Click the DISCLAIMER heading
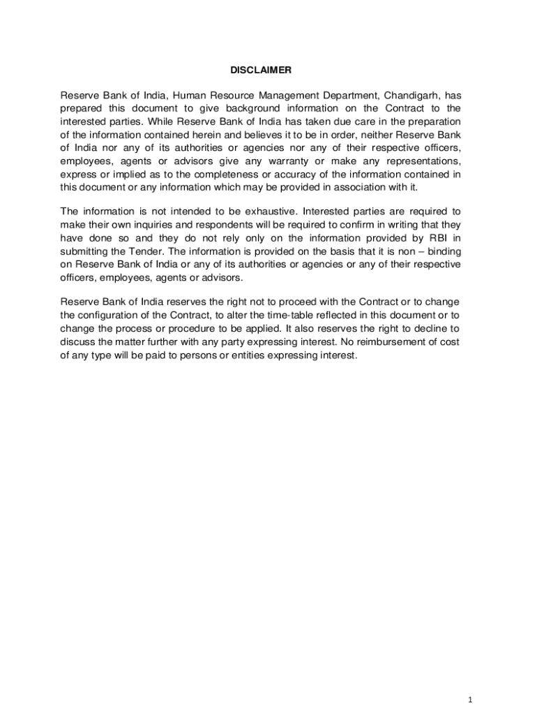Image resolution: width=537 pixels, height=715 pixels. tap(261, 71)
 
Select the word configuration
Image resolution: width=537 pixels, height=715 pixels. tap(108, 315)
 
